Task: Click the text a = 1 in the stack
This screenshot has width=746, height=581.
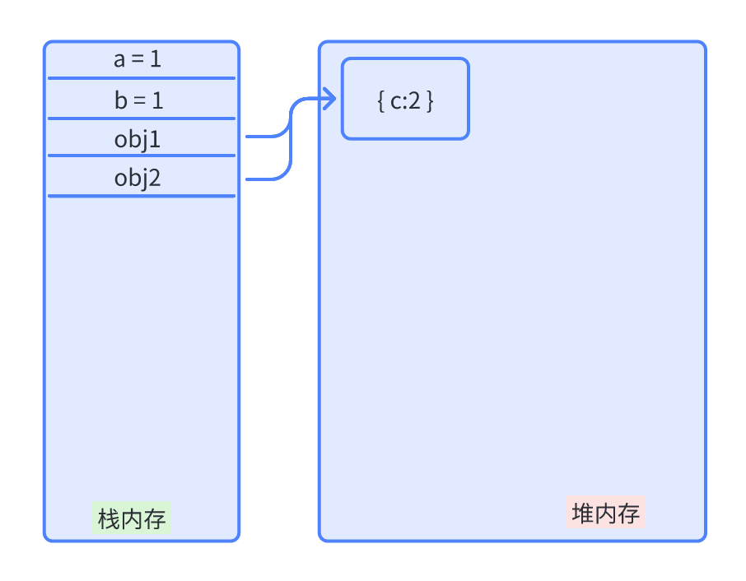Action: pos(138,60)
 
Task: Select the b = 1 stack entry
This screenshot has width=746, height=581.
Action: pos(138,100)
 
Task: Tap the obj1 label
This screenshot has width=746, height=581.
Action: pos(138,140)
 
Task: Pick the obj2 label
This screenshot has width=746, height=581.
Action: pos(138,179)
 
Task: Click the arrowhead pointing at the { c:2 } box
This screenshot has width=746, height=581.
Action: pos(331,100)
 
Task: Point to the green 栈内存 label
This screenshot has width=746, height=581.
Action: pos(132,519)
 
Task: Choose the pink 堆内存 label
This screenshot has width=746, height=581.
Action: pos(605,514)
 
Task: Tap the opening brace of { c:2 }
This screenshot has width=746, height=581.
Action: pos(380,101)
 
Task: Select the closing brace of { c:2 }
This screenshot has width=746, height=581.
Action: pos(430,101)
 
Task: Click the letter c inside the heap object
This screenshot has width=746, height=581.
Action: pos(396,102)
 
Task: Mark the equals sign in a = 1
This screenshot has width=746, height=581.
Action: pos(138,61)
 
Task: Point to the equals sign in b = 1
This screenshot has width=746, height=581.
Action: pos(138,101)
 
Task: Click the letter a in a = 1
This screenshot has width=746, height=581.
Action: pos(119,61)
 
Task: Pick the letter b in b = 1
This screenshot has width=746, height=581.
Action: pos(120,100)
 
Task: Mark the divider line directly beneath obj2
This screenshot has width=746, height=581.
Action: pos(142,196)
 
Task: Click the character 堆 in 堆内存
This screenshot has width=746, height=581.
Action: pos(583,514)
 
